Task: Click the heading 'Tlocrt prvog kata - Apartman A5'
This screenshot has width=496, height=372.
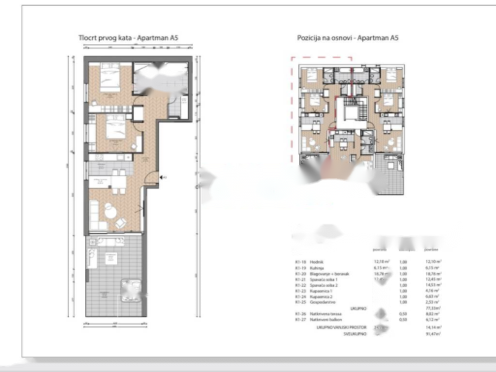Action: coord(129,38)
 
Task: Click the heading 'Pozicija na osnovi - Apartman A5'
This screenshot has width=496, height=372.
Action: coord(348,38)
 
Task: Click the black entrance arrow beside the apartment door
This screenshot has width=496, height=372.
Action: coord(164,178)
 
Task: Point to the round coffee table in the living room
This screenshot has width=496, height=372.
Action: coord(110,211)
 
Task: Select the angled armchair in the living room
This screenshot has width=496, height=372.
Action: coord(121,223)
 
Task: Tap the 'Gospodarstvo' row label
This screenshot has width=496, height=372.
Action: coord(324,302)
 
